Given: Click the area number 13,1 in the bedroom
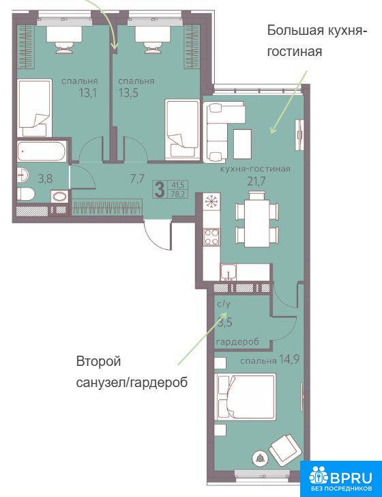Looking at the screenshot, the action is tap(88, 93).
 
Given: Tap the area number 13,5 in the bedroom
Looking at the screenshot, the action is tap(128, 93).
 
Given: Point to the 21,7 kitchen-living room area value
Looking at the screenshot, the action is tap(256, 182).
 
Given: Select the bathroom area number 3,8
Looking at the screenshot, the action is tap(45, 179).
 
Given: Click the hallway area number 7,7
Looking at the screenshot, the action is tap(137, 179).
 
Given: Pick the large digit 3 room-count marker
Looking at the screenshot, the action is tap(159, 189).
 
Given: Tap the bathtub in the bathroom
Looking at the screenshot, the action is tap(42, 152).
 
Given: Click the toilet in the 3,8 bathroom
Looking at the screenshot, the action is tap(26, 194).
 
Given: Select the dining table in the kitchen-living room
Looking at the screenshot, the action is tap(257, 218).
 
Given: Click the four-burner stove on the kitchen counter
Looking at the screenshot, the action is tap(211, 237).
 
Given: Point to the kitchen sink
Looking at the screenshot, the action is tap(229, 272).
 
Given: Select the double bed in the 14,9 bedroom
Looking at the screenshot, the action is tap(245, 397).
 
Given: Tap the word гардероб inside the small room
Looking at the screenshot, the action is tap(237, 341).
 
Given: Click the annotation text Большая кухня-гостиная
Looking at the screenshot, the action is tap(317, 40).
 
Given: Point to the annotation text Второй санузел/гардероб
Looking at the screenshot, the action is tap(132, 372).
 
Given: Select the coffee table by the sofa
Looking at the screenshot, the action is tap(243, 144).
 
